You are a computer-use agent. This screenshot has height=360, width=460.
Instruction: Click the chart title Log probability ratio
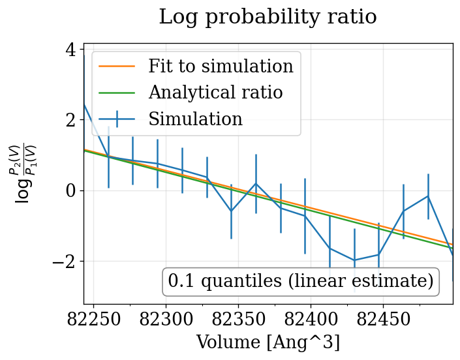point(268,17)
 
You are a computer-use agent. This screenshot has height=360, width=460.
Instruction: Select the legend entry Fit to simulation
point(221,66)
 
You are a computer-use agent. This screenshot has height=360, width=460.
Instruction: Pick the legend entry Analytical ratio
point(215,93)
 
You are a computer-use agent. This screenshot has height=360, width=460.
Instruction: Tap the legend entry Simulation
point(195,119)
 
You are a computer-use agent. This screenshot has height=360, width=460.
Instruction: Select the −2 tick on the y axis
point(65,262)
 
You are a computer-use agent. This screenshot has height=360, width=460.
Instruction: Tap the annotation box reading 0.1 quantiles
point(300,281)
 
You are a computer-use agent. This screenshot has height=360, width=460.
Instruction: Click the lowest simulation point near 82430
point(354,260)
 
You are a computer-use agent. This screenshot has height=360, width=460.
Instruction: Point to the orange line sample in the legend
point(117,67)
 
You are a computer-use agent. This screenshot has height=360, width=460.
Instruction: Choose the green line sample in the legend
point(117,93)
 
